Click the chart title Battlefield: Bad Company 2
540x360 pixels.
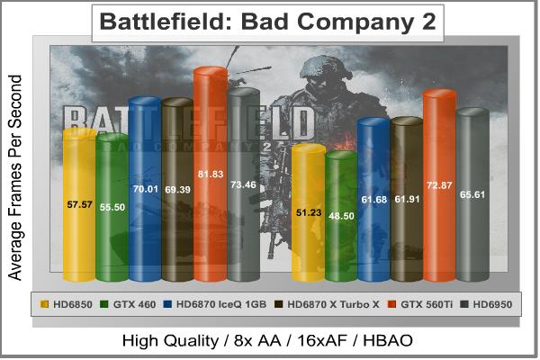pyautogui.click(x=267, y=22)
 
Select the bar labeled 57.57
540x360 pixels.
pyautogui.click(x=79, y=204)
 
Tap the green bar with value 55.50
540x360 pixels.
pyautogui.click(x=112, y=207)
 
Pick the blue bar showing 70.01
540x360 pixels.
pyautogui.click(x=145, y=190)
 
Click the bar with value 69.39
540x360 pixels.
pyautogui.click(x=177, y=191)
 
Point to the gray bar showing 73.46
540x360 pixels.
pyautogui.click(x=243, y=184)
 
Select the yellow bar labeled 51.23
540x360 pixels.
pyautogui.click(x=308, y=212)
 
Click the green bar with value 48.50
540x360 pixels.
pyautogui.click(x=341, y=216)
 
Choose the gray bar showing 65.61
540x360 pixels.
pyautogui.click(x=472, y=194)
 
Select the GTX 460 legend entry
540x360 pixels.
pyautogui.click(x=128, y=303)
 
